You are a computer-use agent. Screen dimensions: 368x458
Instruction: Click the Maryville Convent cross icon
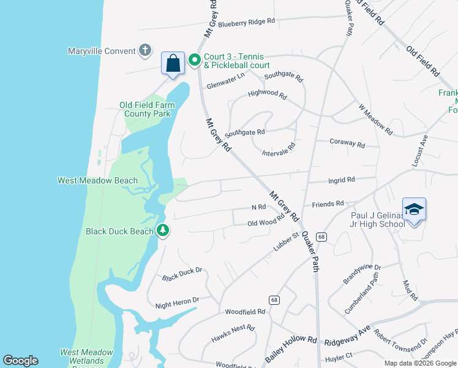[145, 50]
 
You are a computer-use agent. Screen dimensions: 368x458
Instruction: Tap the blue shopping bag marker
[173, 63]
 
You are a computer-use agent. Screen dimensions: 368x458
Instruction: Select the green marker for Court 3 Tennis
[195, 59]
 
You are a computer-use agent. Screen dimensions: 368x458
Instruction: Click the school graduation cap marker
[414, 210]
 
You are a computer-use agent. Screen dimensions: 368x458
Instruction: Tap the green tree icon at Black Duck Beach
[163, 231]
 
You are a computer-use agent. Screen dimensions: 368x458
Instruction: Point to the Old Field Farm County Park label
[147, 109]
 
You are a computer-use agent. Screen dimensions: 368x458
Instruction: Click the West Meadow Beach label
[97, 180]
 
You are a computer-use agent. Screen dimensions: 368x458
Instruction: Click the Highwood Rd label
[267, 95]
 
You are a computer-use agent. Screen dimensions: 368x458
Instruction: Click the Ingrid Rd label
[342, 180]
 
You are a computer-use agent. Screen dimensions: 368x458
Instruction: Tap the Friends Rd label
[328, 203]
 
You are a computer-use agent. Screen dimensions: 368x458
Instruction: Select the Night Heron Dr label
[178, 301]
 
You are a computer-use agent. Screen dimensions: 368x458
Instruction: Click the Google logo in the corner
[20, 361]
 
